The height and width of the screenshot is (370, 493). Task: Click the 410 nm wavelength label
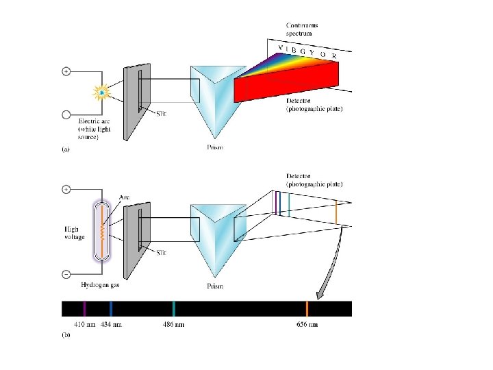point(84,323)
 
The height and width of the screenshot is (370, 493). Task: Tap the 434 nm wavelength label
point(111,323)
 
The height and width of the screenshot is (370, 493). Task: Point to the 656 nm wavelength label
point(306,323)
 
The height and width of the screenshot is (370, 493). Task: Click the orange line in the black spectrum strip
point(307,308)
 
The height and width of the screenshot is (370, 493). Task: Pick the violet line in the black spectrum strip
point(84,308)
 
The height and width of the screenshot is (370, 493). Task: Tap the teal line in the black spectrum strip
point(175,308)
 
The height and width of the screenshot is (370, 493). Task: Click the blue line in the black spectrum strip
point(111,308)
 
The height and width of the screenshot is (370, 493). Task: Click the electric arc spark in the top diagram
point(102,91)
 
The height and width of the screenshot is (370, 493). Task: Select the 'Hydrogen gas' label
point(103,284)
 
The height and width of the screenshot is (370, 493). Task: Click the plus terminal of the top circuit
point(66,71)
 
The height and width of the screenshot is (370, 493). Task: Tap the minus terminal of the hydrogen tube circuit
point(66,275)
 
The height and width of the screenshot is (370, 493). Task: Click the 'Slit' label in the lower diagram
point(162,253)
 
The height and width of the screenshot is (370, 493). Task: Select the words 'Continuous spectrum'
point(302,29)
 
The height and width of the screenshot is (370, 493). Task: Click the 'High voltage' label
point(75,233)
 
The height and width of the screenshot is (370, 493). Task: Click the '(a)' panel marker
point(66,149)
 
